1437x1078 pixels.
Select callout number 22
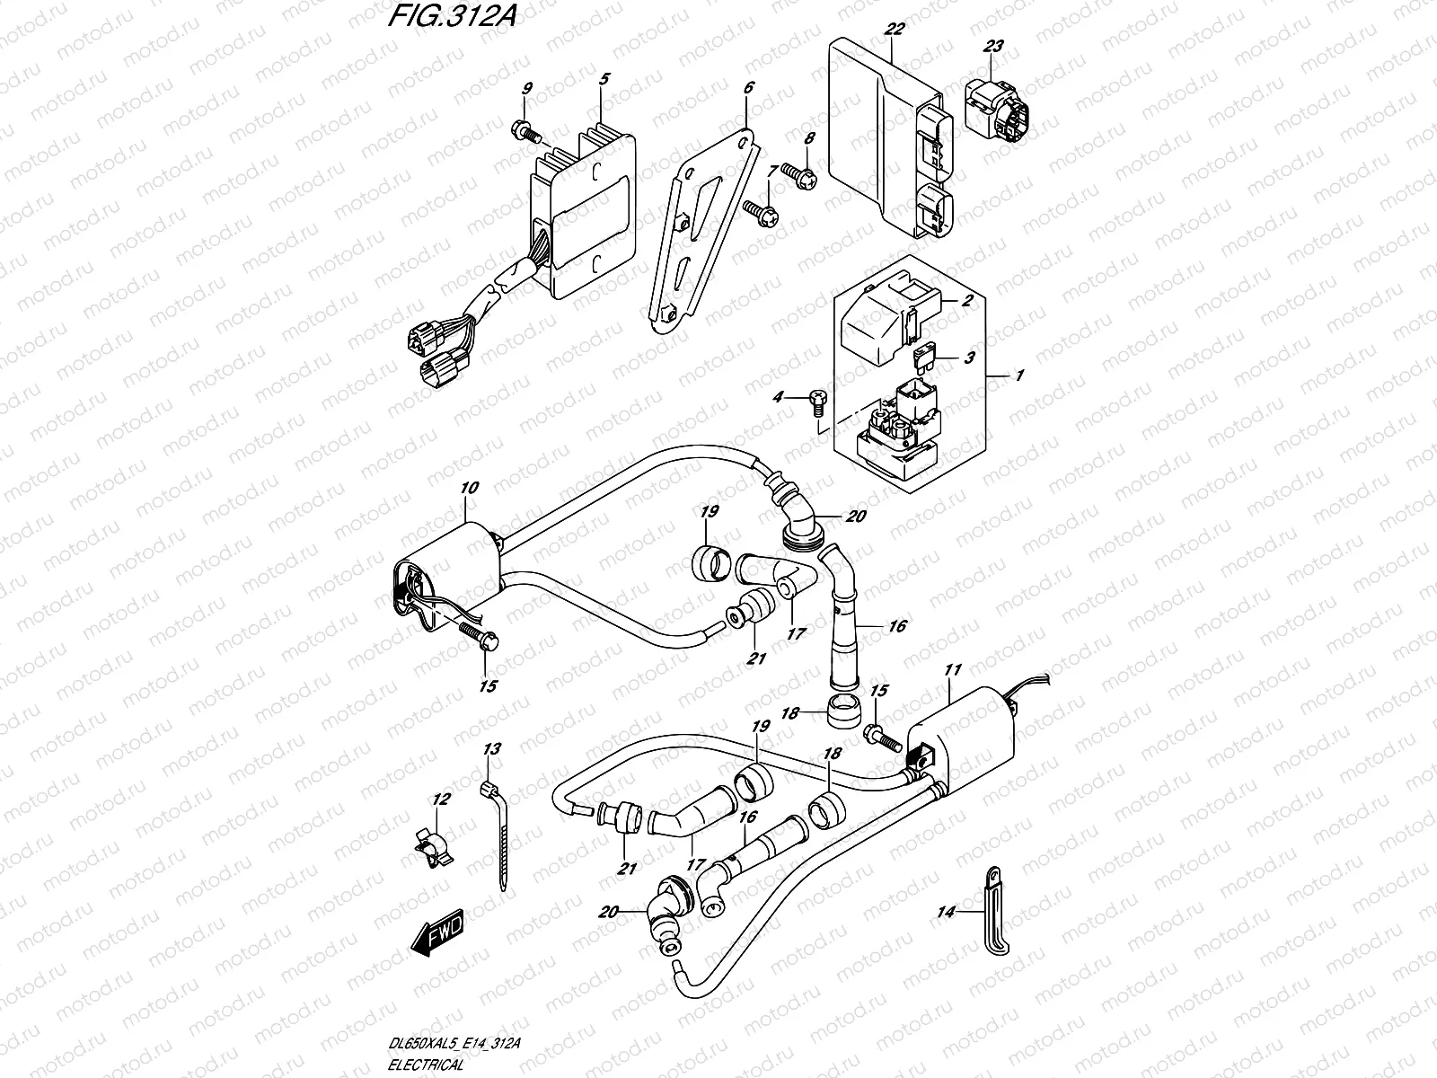click(x=894, y=29)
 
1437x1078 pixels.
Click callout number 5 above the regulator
click(x=604, y=79)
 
